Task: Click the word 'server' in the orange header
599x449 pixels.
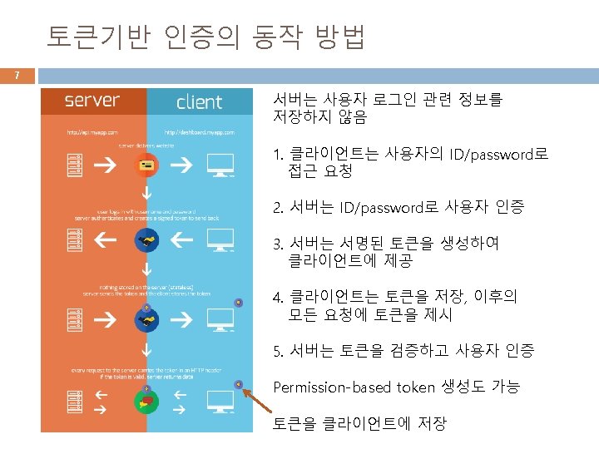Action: point(92,101)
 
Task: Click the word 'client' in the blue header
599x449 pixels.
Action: point(200,102)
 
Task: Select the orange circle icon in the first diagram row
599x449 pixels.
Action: point(146,165)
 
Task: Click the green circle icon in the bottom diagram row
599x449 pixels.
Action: point(146,402)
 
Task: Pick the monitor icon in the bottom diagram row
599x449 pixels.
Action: point(220,403)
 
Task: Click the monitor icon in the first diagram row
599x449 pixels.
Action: point(220,165)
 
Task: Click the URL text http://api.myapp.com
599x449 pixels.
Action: point(93,132)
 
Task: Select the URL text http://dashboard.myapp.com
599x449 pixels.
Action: point(199,132)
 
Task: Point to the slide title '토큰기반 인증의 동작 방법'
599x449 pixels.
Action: point(205,37)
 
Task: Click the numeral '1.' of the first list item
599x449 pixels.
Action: point(280,155)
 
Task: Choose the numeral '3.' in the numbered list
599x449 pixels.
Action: point(280,244)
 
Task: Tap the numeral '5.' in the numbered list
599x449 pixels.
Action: point(280,351)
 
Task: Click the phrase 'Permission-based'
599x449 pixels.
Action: point(332,387)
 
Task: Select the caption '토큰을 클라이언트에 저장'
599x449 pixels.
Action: point(359,423)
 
